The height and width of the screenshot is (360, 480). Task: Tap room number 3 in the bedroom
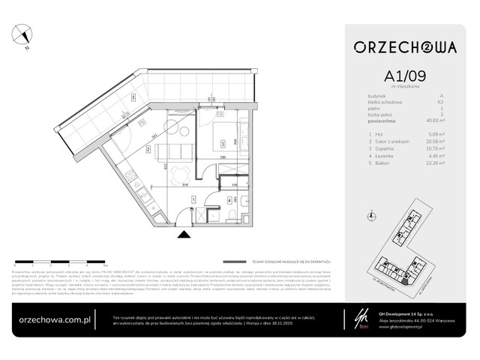[x=218, y=142]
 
